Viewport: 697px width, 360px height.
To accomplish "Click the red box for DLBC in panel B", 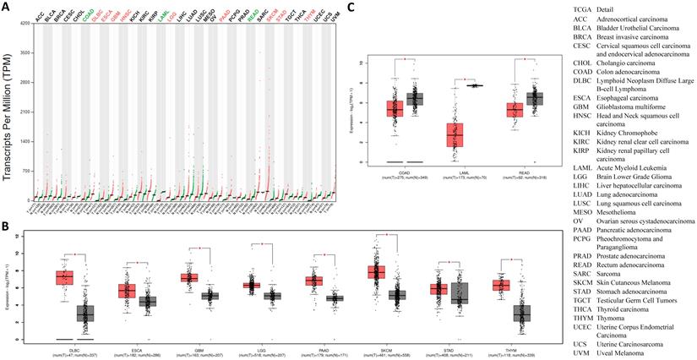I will point(65,278).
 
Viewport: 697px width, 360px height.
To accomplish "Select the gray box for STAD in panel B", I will point(460,294).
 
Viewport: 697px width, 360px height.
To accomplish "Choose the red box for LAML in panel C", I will point(455,134).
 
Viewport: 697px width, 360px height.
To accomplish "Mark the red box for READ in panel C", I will point(515,110).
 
